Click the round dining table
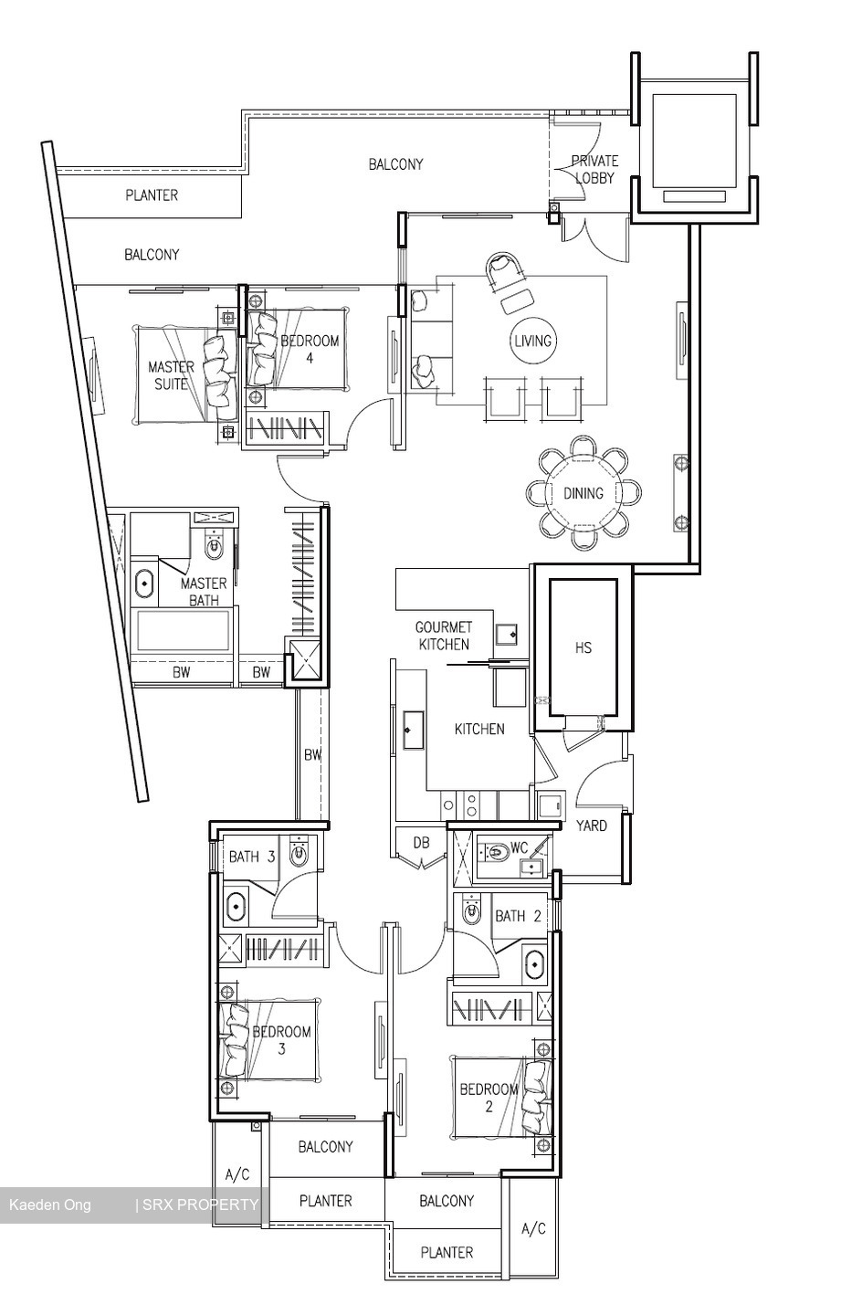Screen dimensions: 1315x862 583,493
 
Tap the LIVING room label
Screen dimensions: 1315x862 532,341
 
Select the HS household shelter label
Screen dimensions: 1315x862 583,647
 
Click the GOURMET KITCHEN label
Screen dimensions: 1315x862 444,636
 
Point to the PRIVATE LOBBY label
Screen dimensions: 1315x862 594,169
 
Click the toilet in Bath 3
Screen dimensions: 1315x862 300,854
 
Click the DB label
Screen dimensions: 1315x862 421,843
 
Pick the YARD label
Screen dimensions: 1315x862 592,826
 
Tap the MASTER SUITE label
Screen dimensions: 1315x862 171,375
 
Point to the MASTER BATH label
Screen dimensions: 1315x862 204,592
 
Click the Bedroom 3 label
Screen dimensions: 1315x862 281,1040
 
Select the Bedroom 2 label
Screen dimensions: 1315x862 489,1098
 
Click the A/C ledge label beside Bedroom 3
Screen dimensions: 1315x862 237,1174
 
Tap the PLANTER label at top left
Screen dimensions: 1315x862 152,195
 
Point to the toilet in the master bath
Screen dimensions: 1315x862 215,548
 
